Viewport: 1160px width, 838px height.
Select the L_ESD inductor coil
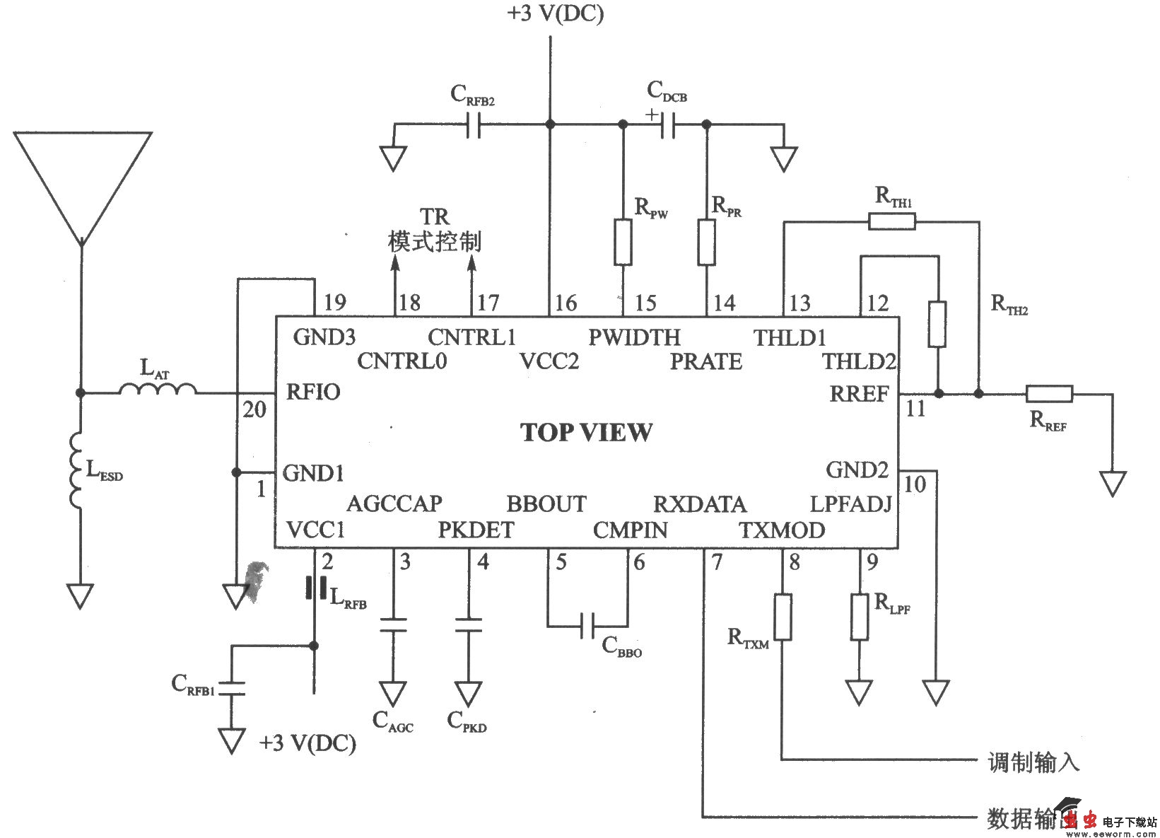pos(76,472)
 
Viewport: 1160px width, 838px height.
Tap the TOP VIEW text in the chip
pos(586,432)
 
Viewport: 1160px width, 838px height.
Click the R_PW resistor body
pos(623,242)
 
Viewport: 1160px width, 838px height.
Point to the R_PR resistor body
pos(706,242)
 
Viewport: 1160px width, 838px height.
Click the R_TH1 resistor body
pos(891,222)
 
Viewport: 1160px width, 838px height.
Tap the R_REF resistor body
pos(1049,394)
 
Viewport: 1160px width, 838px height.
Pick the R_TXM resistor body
pos(782,617)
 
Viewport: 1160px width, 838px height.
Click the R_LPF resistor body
pos(859,617)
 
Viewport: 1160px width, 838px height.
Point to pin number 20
pos(254,409)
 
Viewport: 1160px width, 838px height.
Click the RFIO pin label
pos(313,392)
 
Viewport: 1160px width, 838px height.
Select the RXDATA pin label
pos(699,504)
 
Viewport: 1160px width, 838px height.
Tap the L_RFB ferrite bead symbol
pos(315,588)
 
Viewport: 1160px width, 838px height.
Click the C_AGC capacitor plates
pos(393,625)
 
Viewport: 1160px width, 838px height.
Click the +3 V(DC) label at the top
pos(555,14)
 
